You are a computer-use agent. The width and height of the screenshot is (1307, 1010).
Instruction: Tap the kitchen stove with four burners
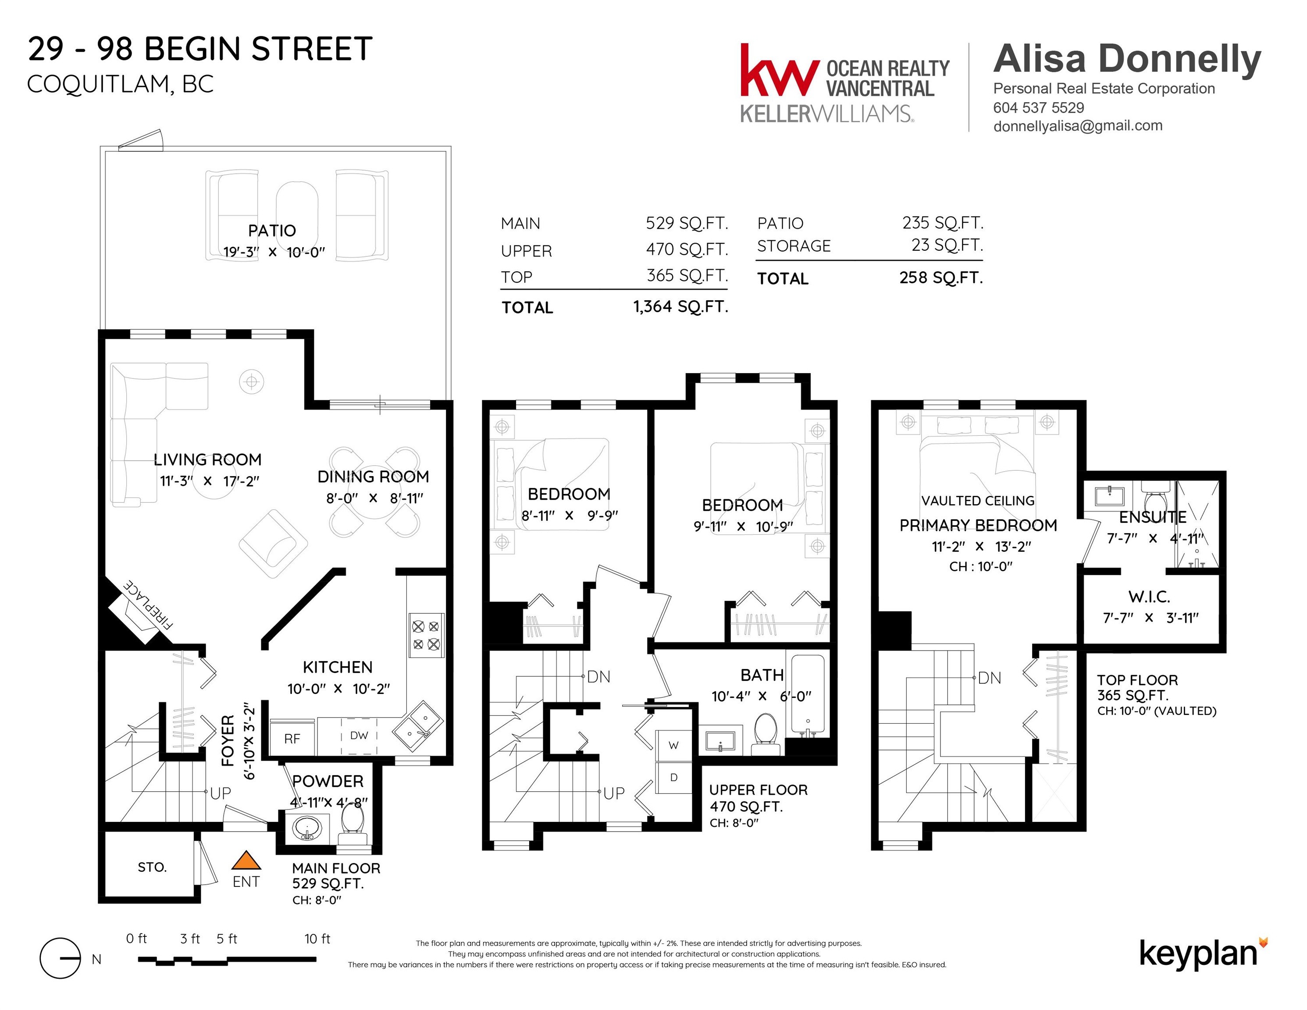point(426,636)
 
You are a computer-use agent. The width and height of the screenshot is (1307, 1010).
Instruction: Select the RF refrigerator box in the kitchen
point(292,737)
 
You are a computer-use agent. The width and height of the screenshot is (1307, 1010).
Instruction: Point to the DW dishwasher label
point(359,735)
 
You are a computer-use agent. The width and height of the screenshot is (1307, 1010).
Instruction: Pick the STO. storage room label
point(152,867)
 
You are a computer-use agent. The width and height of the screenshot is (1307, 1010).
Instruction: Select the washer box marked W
point(674,746)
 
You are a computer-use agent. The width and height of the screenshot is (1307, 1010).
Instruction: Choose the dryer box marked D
point(674,778)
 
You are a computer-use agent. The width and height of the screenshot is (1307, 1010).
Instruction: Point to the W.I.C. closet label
point(1149,597)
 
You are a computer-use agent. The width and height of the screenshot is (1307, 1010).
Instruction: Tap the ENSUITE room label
point(1153,517)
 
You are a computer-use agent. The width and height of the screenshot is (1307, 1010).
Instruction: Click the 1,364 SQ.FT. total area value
point(680,307)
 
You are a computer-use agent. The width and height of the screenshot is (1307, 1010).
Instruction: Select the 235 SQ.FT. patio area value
point(943,223)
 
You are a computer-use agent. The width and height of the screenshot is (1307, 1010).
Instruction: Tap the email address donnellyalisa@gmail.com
point(1078,126)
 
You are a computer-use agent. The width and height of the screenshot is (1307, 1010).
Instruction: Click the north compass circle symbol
point(60,958)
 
